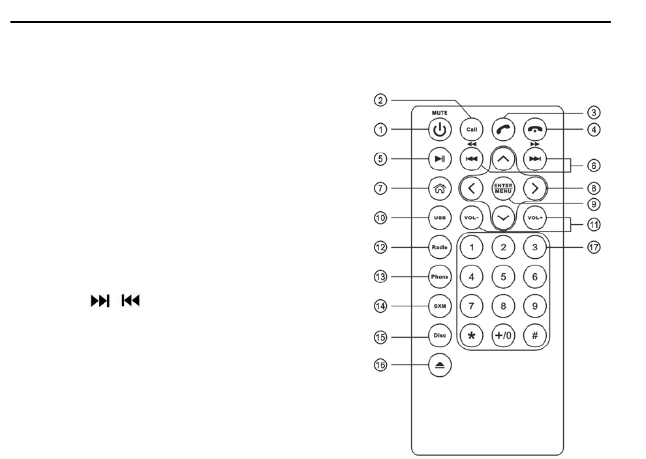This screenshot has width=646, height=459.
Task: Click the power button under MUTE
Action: (x=440, y=129)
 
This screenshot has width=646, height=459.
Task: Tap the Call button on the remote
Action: (x=470, y=129)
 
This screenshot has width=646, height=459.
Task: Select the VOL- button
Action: (x=471, y=218)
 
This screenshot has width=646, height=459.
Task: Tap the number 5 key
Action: (x=503, y=276)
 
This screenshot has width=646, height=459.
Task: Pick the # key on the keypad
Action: (x=534, y=336)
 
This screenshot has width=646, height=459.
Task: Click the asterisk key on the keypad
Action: (x=472, y=336)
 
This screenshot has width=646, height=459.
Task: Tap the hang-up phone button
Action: (x=534, y=129)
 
